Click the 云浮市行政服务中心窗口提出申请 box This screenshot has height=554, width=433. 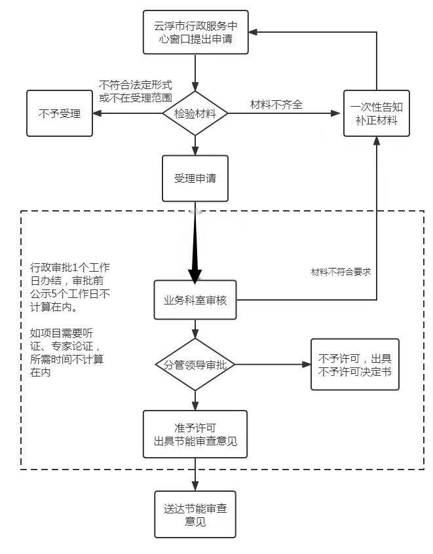tap(195, 32)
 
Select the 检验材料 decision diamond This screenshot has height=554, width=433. tap(195, 113)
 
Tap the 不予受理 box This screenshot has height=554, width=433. tap(59, 113)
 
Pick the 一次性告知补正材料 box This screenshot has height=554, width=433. tap(377, 113)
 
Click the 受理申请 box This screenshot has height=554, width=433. tap(195, 178)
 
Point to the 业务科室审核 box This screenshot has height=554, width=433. tap(195, 300)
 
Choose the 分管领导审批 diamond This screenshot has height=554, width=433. tap(195, 364)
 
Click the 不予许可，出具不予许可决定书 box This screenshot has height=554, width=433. tap(354, 364)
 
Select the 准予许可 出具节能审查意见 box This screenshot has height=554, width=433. tap(195, 434)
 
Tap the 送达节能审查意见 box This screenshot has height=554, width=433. tap(195, 514)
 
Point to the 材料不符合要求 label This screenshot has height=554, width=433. tap(341, 271)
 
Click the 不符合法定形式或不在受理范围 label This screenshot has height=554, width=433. tap(135, 91)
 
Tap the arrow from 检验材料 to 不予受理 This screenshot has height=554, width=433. tap(128, 113)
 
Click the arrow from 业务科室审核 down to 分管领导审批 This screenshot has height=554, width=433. tap(195, 328)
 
